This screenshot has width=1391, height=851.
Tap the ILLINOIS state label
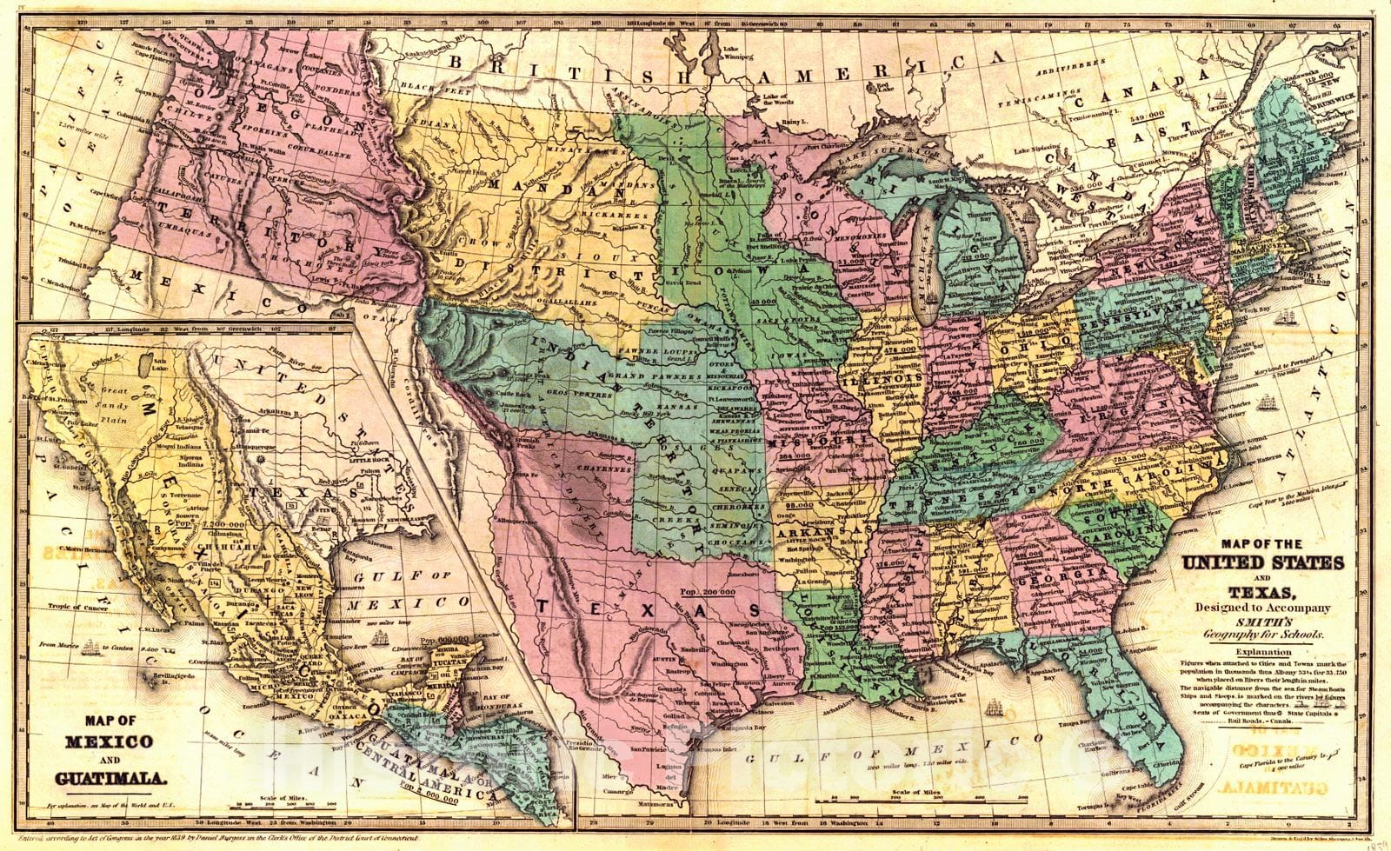point(892,380)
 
